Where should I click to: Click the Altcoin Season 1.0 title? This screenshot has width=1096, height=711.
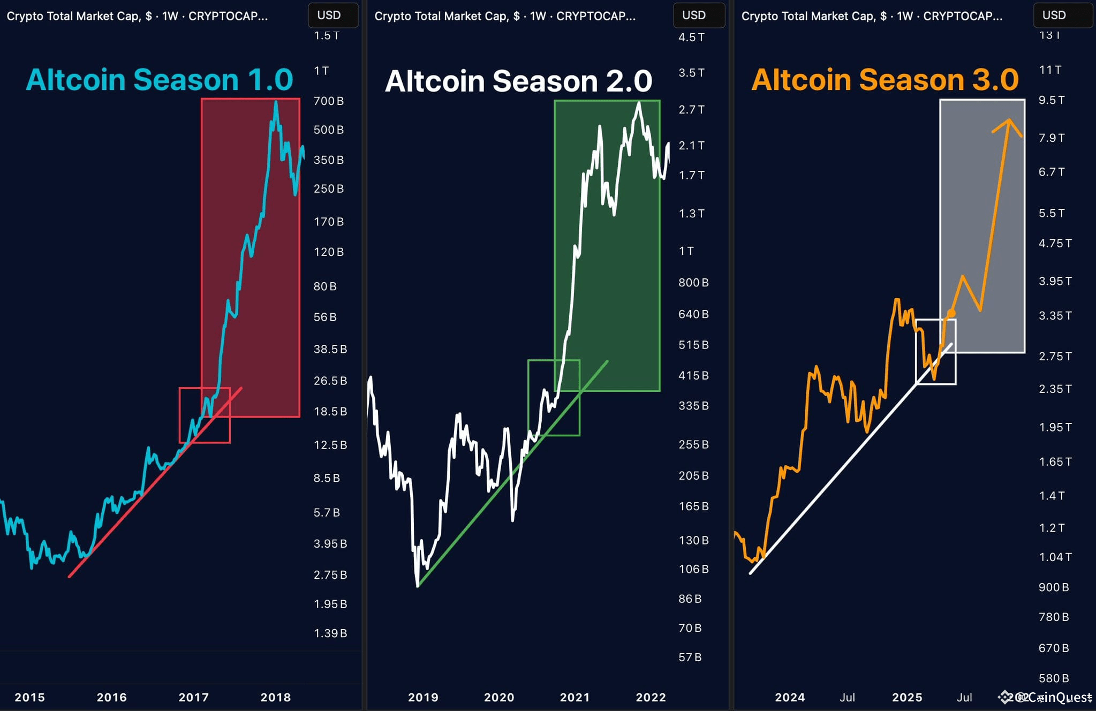tap(159, 80)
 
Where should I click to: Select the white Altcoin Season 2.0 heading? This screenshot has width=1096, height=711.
tap(518, 81)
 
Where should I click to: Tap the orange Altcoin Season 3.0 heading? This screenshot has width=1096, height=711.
tap(885, 80)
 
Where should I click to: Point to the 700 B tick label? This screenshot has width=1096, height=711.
tap(328, 101)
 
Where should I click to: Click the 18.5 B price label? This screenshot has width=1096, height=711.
tap(330, 411)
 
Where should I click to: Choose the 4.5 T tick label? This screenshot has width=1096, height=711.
tap(691, 37)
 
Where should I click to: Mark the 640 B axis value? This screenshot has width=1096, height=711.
tap(693, 314)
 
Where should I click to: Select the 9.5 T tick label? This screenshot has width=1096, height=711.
tap(1052, 100)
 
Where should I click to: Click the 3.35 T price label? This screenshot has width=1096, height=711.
tap(1055, 315)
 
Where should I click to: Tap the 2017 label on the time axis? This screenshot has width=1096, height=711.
tap(193, 697)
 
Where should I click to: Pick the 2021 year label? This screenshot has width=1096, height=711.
tap(575, 697)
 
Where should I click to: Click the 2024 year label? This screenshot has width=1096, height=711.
tap(790, 697)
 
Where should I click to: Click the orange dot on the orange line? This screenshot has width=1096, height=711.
tap(951, 313)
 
